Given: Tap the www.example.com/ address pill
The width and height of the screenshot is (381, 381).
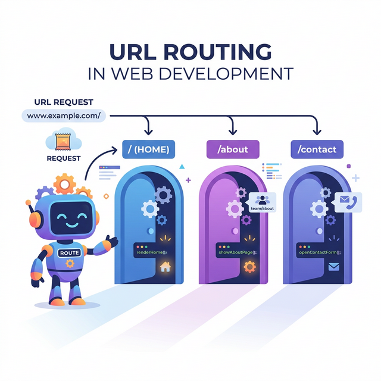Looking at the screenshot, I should click(x=63, y=115).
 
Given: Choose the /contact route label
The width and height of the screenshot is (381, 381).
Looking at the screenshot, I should click(x=317, y=149).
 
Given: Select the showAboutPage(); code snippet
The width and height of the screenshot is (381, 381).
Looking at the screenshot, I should click(x=236, y=252).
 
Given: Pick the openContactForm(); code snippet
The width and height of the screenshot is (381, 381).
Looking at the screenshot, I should click(x=320, y=252).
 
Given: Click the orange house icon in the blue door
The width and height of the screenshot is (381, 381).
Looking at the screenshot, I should click(x=165, y=267).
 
